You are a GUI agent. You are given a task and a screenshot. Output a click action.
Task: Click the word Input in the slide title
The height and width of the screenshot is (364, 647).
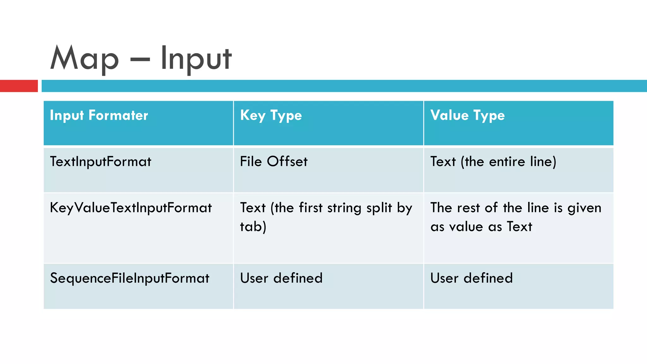196,58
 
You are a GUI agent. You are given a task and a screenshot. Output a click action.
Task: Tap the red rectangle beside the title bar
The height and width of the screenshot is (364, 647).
19,86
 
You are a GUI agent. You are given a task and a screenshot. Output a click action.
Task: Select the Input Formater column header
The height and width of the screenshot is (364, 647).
99,115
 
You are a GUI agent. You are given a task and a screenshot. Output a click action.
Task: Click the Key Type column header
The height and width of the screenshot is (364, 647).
271,115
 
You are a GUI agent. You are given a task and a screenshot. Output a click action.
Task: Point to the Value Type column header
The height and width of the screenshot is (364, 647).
468,115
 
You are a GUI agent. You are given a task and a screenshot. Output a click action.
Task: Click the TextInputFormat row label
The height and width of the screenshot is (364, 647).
100,161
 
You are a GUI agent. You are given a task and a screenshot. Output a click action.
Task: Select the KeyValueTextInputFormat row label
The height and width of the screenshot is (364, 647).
131,208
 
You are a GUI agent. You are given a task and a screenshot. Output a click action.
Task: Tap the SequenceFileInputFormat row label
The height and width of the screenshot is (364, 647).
130,278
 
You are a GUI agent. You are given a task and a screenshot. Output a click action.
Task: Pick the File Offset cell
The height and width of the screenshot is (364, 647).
274,161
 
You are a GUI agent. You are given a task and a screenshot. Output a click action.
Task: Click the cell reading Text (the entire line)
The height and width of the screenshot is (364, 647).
493,161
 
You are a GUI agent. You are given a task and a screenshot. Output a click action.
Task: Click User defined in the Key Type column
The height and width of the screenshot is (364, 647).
281,278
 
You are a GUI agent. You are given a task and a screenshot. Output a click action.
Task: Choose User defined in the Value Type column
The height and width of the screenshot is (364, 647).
471,278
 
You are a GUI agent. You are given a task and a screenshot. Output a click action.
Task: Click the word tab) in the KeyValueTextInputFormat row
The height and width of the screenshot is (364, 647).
253,227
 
